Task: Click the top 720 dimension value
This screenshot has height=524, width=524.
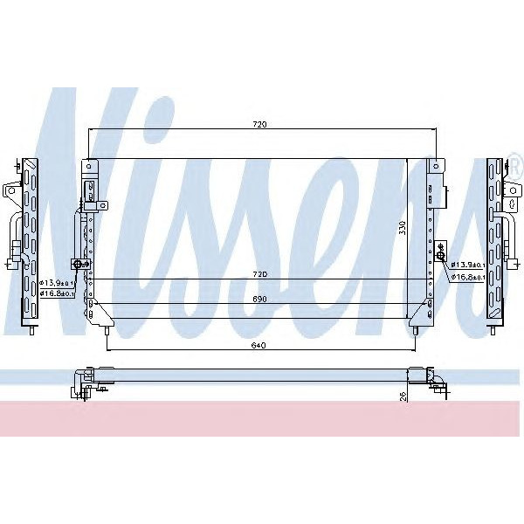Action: tap(259, 125)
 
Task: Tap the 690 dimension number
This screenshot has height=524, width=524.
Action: tap(259, 300)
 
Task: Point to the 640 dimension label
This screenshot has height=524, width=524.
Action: tap(259, 346)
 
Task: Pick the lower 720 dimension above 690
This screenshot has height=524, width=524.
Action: tap(259, 274)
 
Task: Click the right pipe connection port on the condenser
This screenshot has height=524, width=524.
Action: tap(442, 255)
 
